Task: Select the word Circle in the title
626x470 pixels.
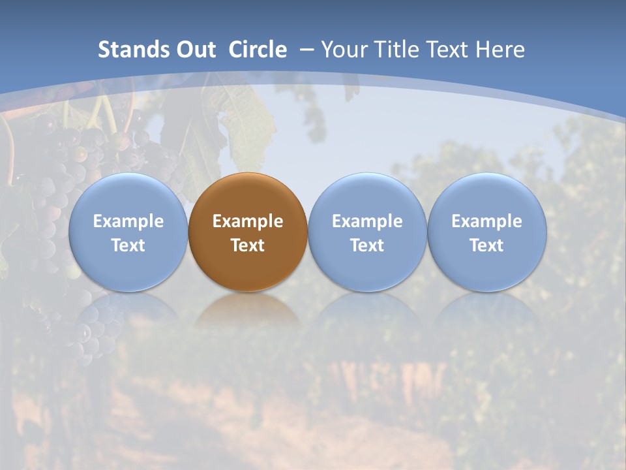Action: coord(258,50)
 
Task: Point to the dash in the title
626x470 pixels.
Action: coord(306,50)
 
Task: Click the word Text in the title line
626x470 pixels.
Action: coord(448,50)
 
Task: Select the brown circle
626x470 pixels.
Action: coord(248,232)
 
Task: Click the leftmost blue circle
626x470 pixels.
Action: coord(128,232)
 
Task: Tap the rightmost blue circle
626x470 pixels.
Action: coord(487,232)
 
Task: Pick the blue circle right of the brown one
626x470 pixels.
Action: coord(367,232)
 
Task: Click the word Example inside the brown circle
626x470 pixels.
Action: coord(248,221)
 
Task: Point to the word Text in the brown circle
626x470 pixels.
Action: coord(248,245)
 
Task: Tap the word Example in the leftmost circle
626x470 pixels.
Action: coord(128,221)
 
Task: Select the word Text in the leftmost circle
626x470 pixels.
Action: coord(128,245)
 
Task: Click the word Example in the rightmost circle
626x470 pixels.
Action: coord(487,221)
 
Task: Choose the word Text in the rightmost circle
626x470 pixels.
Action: coord(487,245)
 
